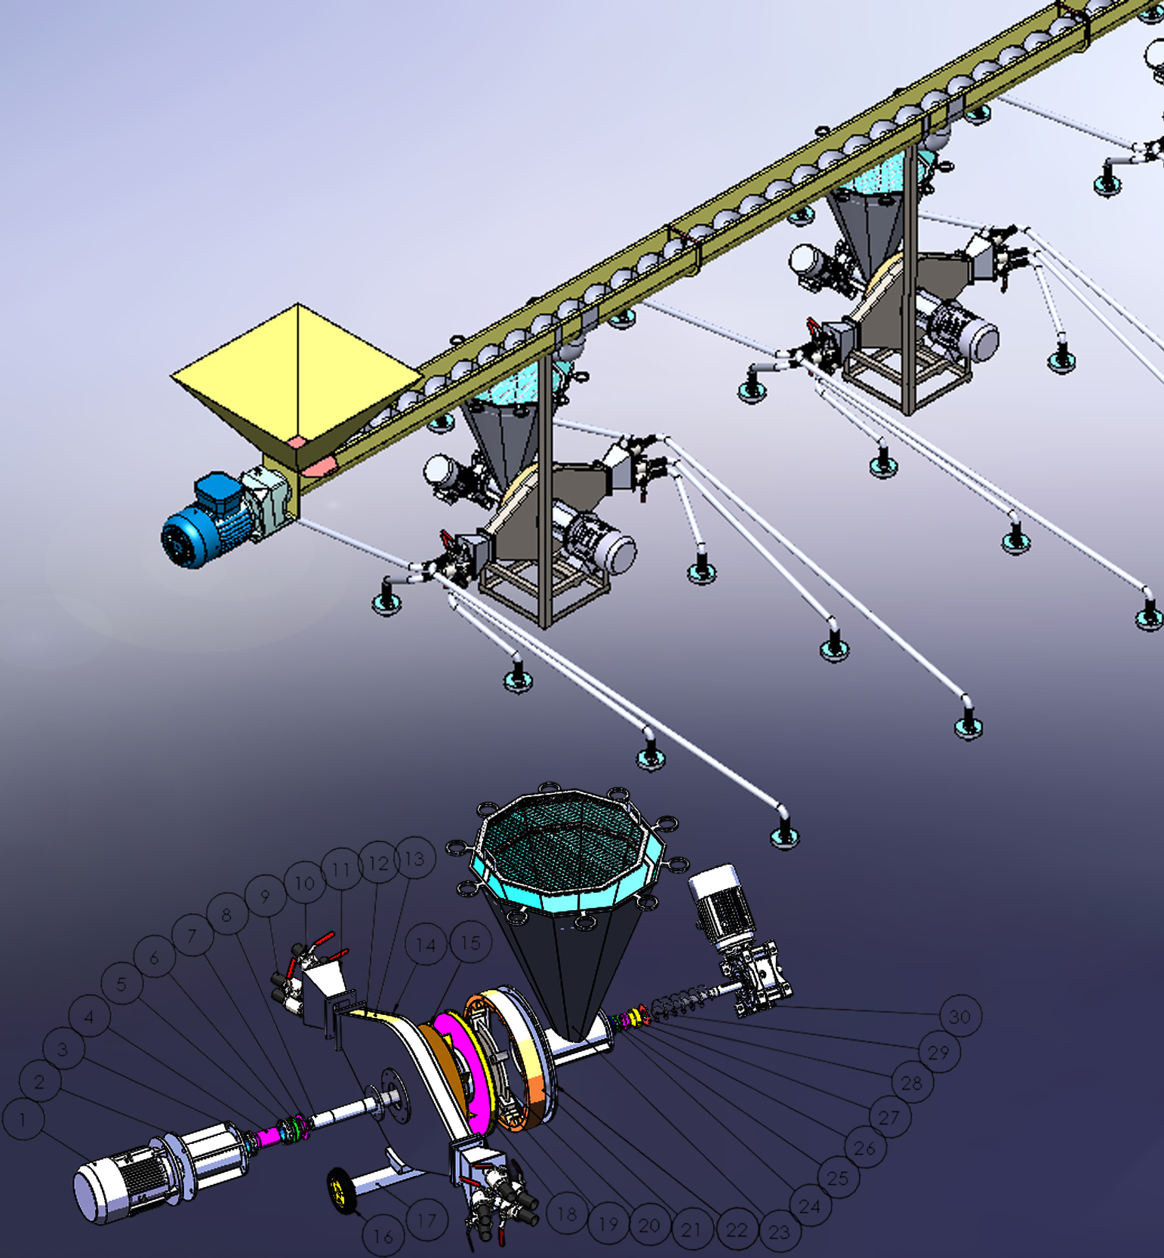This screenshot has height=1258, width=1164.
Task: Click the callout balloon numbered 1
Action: (23, 1118)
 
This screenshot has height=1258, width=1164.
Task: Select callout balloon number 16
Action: (383, 1236)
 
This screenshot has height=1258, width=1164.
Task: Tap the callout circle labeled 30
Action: (959, 1017)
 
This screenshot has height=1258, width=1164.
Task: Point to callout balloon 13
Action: (414, 858)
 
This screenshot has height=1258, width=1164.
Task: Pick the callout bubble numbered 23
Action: (779, 1232)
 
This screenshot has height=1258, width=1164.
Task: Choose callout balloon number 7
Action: (192, 937)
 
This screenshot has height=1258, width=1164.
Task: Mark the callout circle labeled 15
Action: (470, 943)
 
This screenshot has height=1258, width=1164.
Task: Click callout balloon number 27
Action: (889, 1117)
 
